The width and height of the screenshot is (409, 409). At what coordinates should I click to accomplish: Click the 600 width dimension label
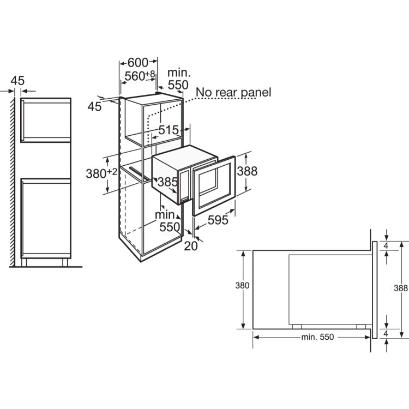(x=138, y=62)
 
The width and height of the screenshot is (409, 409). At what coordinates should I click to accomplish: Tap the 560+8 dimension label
(x=140, y=76)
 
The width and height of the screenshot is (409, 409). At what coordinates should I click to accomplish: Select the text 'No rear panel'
(x=233, y=92)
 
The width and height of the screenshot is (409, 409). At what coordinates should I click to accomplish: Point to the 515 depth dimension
(x=169, y=130)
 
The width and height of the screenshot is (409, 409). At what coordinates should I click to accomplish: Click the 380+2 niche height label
(x=101, y=173)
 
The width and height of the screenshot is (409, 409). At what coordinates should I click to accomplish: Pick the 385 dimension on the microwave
(x=167, y=182)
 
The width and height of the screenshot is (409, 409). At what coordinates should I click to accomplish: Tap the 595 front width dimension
(x=218, y=220)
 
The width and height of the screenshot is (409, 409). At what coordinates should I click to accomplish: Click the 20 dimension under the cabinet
(x=191, y=246)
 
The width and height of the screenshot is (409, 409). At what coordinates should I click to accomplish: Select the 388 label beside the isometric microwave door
(x=247, y=171)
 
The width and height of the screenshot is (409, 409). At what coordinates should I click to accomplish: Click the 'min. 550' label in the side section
(x=317, y=337)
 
